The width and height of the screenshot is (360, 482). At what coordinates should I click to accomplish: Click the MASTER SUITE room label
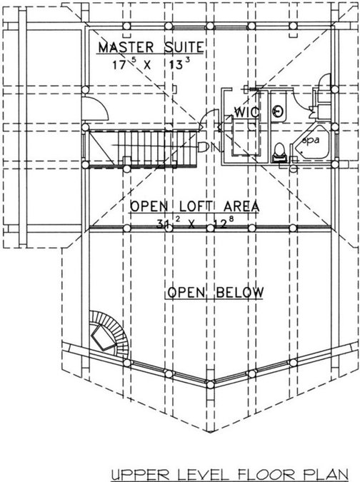click(x=151, y=47)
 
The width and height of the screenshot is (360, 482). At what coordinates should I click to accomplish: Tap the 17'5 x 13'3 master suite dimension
click(x=151, y=64)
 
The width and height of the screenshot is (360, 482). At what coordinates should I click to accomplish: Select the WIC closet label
click(x=247, y=112)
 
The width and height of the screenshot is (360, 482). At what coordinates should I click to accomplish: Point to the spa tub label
click(x=311, y=141)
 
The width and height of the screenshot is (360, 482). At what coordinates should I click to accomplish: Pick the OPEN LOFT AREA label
click(x=194, y=206)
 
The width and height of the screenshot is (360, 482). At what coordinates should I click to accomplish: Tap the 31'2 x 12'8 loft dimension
click(x=192, y=223)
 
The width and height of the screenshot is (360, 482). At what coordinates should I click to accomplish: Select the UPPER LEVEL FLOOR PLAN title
click(x=229, y=475)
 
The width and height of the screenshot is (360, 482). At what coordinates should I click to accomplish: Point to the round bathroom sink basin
click(x=278, y=111)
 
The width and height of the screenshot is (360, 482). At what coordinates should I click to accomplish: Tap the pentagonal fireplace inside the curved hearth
click(x=103, y=338)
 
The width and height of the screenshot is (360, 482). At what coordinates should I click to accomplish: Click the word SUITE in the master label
click(x=184, y=47)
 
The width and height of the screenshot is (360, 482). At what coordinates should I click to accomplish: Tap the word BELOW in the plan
click(x=240, y=292)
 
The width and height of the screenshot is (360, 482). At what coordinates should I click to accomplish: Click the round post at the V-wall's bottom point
click(x=210, y=384)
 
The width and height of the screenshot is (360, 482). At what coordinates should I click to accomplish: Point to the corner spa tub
click(x=311, y=144)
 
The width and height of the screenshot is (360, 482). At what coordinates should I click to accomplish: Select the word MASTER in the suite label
click(x=126, y=47)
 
